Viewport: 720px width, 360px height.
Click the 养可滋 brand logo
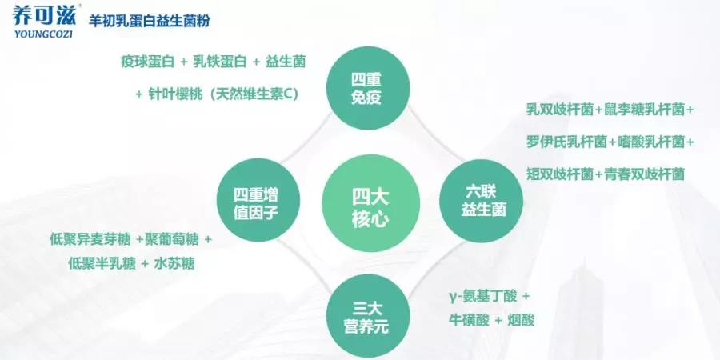tap(44, 16)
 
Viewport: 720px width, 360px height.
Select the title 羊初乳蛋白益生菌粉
tap(149, 21)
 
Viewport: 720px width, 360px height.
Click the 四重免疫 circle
tap(368, 88)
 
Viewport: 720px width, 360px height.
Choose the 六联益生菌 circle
tap(482, 201)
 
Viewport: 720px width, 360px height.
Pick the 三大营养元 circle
tap(368, 316)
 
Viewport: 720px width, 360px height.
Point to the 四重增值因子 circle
tap(258, 201)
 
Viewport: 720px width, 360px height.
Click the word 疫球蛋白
tap(148, 62)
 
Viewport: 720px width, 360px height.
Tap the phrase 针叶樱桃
tap(174, 94)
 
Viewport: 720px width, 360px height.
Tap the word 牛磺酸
tap(469, 319)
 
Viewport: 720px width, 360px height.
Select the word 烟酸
tap(521, 319)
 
